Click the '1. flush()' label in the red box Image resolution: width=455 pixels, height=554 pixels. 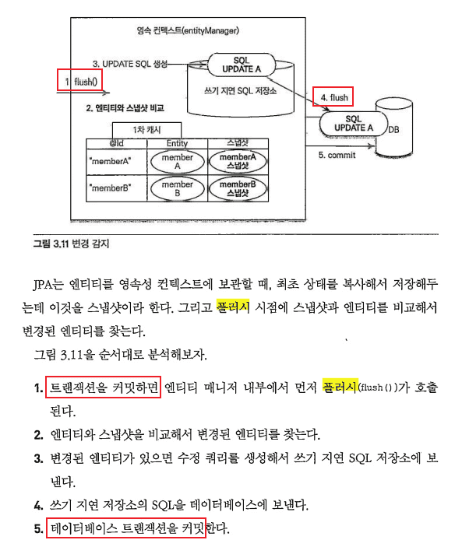(x=81, y=82)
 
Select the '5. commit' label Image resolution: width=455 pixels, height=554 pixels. (x=337, y=155)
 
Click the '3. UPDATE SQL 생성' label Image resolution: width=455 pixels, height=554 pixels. (x=130, y=64)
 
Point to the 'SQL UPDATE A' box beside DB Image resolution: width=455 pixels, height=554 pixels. (x=354, y=124)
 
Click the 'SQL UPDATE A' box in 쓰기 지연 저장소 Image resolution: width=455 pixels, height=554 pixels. (x=242, y=65)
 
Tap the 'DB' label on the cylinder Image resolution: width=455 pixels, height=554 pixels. (x=393, y=130)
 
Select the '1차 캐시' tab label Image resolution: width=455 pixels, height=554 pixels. (x=146, y=130)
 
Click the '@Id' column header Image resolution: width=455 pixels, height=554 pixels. (x=116, y=143)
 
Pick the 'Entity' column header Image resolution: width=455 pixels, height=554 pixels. (x=178, y=143)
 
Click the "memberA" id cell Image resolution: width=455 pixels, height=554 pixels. (x=110, y=162)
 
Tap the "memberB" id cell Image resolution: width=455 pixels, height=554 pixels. (x=110, y=188)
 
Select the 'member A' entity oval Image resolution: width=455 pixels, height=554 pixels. (x=178, y=162)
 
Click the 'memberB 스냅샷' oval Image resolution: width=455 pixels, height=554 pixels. (x=238, y=188)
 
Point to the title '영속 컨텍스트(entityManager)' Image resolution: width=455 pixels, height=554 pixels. (x=188, y=31)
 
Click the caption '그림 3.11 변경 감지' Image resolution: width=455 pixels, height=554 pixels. (x=71, y=244)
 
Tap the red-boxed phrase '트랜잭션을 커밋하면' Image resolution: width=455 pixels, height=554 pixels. (x=104, y=387)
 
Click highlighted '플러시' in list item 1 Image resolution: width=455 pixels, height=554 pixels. (x=340, y=387)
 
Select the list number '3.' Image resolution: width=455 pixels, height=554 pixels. (x=38, y=458)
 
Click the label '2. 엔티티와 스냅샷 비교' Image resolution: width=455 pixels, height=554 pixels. (x=125, y=108)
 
